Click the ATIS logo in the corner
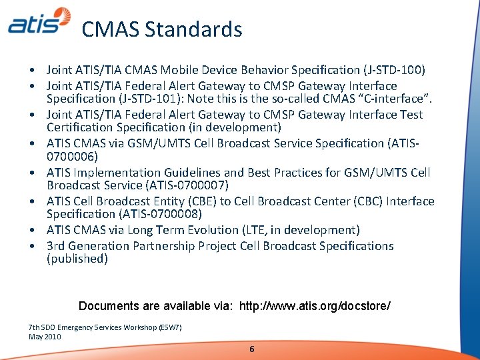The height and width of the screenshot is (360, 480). pos(39,21)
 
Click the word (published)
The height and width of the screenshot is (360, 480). pos(77,258)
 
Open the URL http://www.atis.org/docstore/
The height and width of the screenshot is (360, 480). pos(315,306)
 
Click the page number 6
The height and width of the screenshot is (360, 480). pos(251,349)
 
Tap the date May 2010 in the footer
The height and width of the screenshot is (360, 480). pos(45,337)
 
